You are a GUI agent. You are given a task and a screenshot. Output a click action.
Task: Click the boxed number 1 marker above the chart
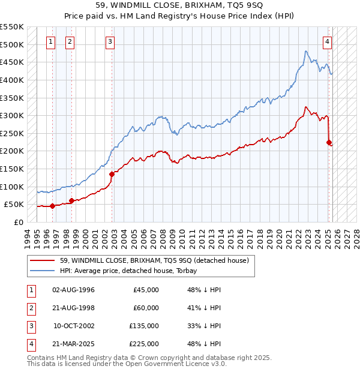(x=50, y=41)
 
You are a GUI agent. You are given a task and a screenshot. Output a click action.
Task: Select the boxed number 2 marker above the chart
(x=70, y=41)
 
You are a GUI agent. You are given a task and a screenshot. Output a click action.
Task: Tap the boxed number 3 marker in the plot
(x=110, y=41)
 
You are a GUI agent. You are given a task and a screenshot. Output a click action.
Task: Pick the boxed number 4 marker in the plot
(x=327, y=41)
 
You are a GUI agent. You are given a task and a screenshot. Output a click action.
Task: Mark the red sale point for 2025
(x=329, y=142)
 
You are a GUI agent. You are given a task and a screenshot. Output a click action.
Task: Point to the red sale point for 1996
(x=52, y=206)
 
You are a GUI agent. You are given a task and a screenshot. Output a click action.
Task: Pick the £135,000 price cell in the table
(x=144, y=326)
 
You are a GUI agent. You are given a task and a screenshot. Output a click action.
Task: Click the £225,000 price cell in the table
(x=144, y=344)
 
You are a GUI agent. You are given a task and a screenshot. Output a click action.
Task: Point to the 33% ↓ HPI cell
(x=204, y=326)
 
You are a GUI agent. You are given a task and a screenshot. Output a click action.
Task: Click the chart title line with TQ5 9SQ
(x=179, y=5)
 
